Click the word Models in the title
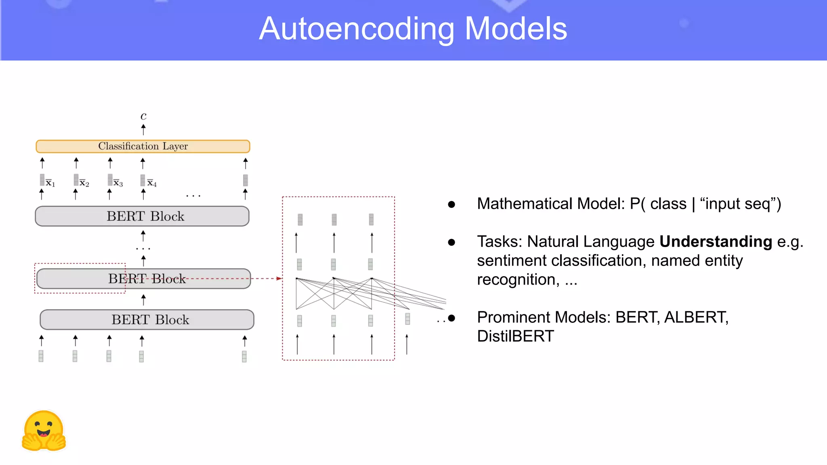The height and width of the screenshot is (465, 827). tap(516, 29)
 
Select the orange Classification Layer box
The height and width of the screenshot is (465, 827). tap(143, 146)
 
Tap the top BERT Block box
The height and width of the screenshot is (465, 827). tap(142, 216)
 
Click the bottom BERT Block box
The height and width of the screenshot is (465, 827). tap(147, 320)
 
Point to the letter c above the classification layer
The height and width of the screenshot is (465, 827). tap(143, 116)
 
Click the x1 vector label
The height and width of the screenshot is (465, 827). tap(50, 183)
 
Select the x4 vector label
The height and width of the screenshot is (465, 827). tap(151, 183)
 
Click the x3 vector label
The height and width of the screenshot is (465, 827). tap(118, 183)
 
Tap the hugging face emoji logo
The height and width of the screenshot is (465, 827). tap(44, 431)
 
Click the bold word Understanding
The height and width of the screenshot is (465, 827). tap(716, 241)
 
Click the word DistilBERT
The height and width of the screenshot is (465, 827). tap(515, 336)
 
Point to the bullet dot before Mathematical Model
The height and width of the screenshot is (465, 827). tap(451, 205)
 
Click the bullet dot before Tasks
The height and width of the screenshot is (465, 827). tap(451, 242)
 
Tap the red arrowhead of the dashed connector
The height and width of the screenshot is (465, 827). tap(279, 279)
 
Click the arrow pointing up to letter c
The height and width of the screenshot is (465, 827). tap(143, 130)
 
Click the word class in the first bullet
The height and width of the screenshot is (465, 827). tap(668, 204)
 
